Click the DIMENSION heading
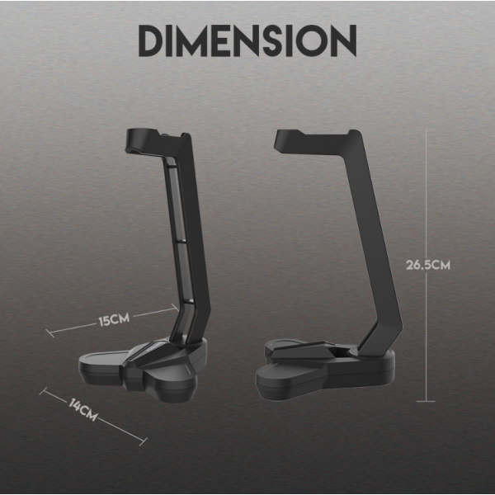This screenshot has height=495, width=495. tap(247, 40)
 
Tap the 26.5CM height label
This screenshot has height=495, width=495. tap(427, 265)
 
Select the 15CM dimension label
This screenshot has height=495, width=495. tap(114, 319)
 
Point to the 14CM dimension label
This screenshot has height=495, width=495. tap(83, 410)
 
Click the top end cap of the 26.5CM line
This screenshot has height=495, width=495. tap(426, 130)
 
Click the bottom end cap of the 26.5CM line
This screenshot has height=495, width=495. tap(426, 401)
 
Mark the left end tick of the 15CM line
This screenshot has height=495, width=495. tap(49, 333)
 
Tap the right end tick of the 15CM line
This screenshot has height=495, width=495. tap(176, 308)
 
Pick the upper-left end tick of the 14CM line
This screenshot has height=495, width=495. tap(43, 391)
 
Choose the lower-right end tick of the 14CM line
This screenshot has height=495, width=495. tap(144, 441)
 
